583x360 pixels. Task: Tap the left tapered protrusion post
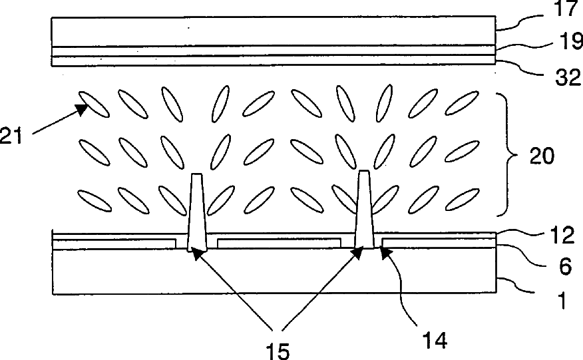[x=196, y=212]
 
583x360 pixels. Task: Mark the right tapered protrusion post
[x=363, y=208]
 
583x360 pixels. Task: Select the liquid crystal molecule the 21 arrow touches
[x=93, y=103]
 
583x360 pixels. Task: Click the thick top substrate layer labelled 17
[x=273, y=30]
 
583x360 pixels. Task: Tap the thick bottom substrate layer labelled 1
[x=273, y=271]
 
